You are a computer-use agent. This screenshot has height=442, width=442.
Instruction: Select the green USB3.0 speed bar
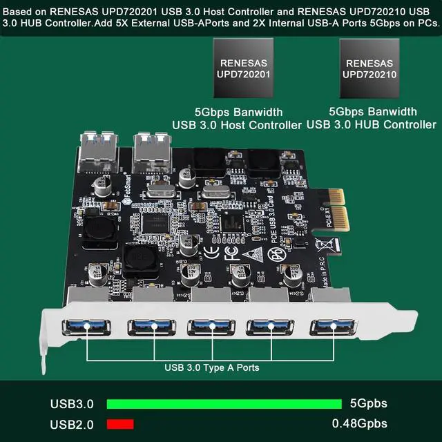click(x=224, y=404)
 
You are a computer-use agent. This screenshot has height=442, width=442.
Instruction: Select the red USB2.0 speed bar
click(x=119, y=423)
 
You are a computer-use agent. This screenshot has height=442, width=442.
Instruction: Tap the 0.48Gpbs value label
click(x=359, y=423)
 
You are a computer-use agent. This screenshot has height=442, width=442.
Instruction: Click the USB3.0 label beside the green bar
click(x=72, y=404)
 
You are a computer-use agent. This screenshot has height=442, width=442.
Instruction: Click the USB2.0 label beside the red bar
click(x=72, y=423)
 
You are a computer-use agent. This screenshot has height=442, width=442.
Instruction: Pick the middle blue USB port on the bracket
click(x=209, y=327)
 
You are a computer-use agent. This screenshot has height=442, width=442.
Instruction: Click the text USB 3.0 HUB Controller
click(x=371, y=124)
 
